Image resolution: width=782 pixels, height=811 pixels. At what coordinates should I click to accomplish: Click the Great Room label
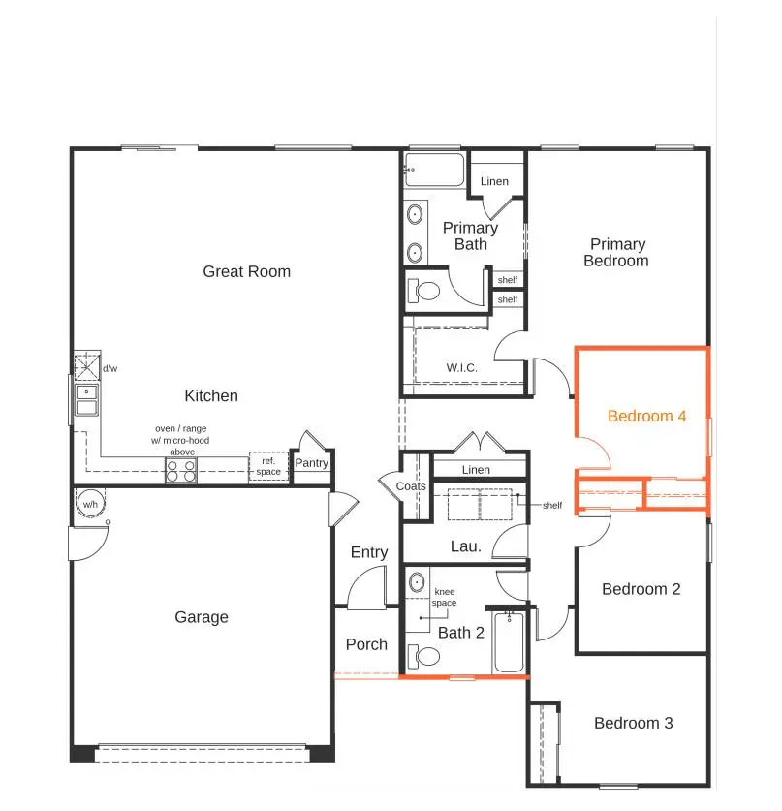[x=246, y=271]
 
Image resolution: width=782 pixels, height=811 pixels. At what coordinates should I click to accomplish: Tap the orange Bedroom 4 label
[x=646, y=416]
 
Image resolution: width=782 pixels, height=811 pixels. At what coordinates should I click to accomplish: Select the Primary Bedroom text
[x=617, y=253]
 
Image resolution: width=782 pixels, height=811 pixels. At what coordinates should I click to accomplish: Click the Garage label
[x=202, y=617]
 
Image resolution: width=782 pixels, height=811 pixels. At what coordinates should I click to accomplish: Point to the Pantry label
[x=312, y=463]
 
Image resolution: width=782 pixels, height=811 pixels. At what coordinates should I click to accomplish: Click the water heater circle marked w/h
[x=89, y=504]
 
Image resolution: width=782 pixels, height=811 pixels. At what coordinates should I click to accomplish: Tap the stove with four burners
[x=180, y=471]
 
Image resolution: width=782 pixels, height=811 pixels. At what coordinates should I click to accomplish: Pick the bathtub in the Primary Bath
[x=435, y=170]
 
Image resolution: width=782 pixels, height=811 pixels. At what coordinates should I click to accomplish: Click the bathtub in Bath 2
[x=509, y=641]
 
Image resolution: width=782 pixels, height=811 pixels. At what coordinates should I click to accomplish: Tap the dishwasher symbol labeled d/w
[x=86, y=368]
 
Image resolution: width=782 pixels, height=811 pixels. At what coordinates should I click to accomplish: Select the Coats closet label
[x=411, y=486]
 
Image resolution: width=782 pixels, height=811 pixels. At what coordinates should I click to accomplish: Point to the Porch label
[x=366, y=644]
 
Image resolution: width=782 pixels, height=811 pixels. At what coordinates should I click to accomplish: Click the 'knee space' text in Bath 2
[x=445, y=597]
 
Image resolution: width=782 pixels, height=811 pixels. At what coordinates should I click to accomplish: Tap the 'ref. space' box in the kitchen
[x=268, y=466]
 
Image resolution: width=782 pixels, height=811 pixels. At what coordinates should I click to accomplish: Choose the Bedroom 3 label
[x=633, y=723]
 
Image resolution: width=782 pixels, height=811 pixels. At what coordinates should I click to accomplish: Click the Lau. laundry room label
[x=466, y=546]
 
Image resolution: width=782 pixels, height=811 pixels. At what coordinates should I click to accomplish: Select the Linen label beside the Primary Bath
[x=494, y=181]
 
